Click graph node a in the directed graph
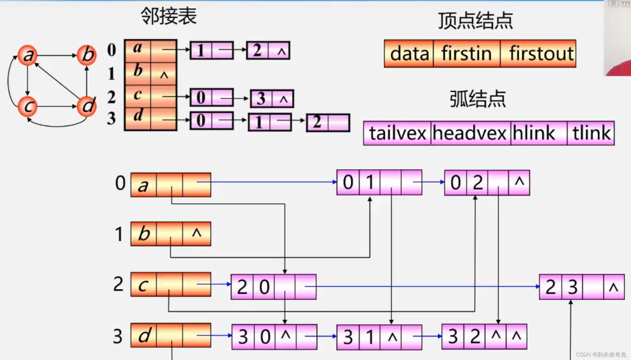(x=28, y=55)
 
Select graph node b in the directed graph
(x=87, y=55)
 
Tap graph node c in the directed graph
(x=28, y=106)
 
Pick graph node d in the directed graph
(x=87, y=106)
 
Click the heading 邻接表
(x=169, y=16)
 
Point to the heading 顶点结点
(x=475, y=21)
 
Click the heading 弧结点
(x=478, y=99)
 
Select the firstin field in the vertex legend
(x=466, y=54)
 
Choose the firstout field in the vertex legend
(x=538, y=54)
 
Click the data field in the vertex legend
(x=409, y=54)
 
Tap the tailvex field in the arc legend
(x=397, y=133)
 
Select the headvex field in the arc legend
(x=470, y=133)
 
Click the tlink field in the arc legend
(x=591, y=133)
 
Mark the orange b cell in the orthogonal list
(x=144, y=234)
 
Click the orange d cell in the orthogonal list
(x=144, y=335)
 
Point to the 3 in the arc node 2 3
(x=572, y=287)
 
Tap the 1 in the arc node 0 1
(x=370, y=182)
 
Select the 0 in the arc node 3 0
(x=265, y=337)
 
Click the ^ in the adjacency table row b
(x=164, y=75)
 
